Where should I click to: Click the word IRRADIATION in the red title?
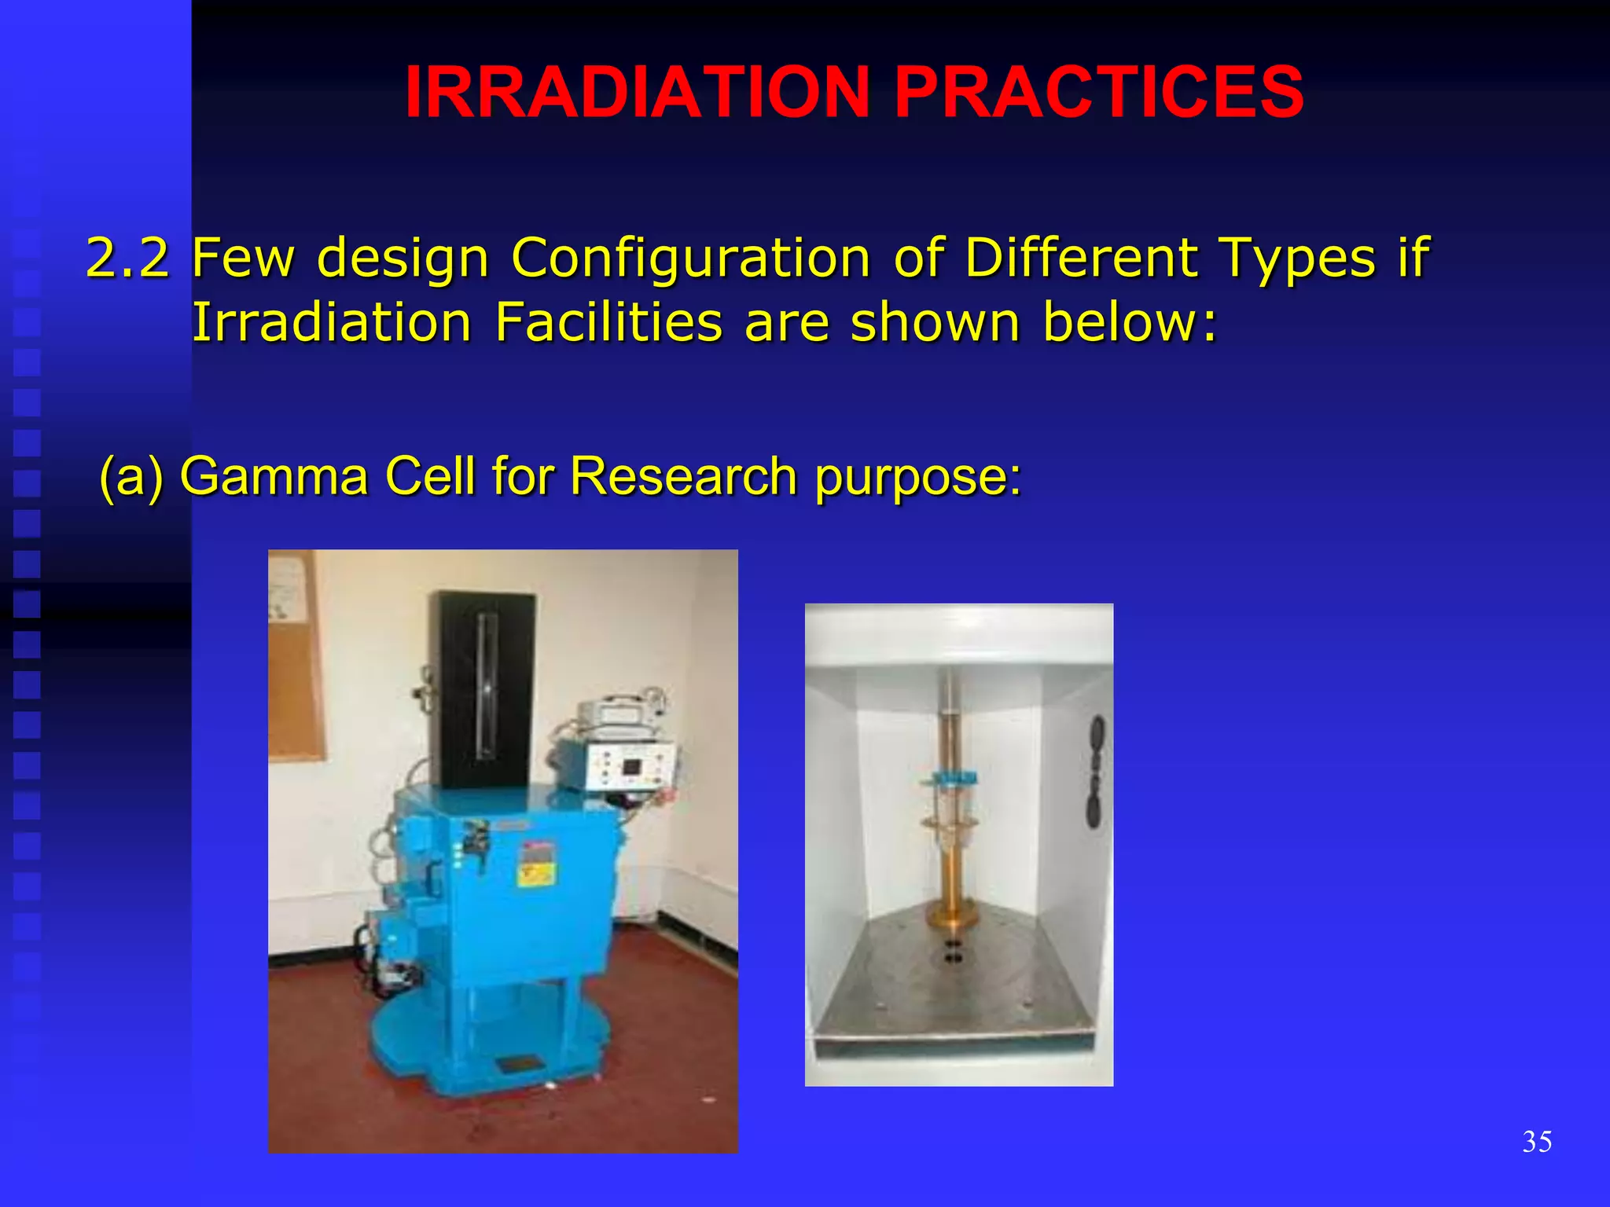(635, 92)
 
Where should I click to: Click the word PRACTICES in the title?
(1098, 92)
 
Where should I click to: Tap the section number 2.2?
(127, 257)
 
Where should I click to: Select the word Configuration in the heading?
(690, 259)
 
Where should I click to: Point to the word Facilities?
(608, 322)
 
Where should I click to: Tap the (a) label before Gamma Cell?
(131, 477)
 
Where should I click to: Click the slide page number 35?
(1536, 1141)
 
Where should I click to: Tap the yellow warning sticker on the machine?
(537, 872)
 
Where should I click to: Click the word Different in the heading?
(1080, 257)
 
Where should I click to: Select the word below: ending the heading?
(1129, 322)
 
